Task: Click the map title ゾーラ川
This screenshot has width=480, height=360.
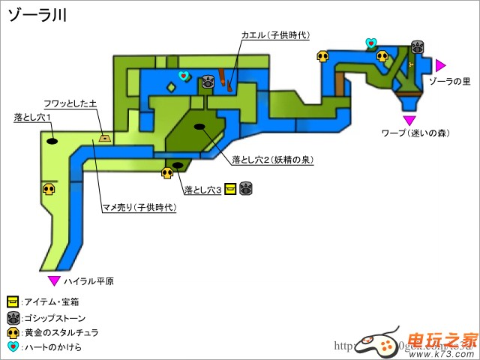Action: pos(37,16)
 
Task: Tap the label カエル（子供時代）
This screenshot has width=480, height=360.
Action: pos(275,35)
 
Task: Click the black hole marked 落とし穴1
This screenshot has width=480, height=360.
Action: pos(53,139)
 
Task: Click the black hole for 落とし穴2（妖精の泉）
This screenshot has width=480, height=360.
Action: pos(200,126)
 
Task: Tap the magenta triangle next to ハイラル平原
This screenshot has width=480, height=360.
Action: pos(54,280)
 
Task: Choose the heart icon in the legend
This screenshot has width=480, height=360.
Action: pos(13,346)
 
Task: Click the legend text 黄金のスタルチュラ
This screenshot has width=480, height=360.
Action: pos(61,332)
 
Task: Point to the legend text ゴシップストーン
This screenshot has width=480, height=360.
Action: pos(56,317)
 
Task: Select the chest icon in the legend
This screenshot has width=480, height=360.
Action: pos(13,301)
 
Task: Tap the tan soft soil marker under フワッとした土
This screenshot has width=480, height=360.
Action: pos(104,137)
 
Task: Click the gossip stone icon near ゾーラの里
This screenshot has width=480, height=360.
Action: pos(416,46)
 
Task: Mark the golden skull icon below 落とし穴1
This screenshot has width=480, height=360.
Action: pos(49,189)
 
